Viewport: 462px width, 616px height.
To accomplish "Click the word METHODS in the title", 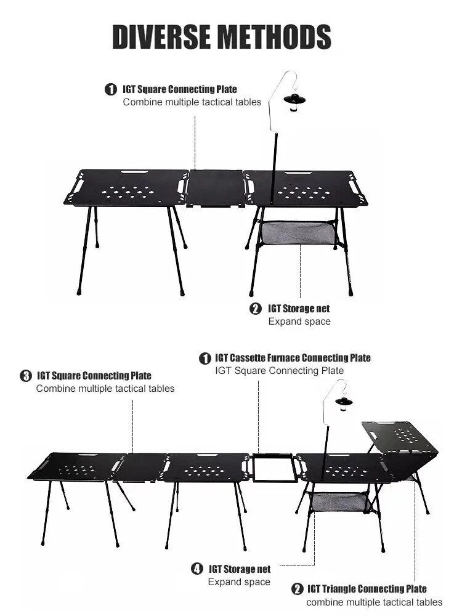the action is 275,36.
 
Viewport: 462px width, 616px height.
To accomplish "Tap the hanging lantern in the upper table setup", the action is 294,102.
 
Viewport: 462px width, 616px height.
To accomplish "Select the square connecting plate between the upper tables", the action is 215,188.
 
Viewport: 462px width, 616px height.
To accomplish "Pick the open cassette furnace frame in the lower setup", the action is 273,468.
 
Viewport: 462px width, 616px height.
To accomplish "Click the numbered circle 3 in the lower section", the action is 25,376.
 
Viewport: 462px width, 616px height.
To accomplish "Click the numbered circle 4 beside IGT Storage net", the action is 197,569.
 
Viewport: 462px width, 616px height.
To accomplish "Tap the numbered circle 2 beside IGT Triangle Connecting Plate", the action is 297,588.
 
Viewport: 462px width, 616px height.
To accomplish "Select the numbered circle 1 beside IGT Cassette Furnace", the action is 205,359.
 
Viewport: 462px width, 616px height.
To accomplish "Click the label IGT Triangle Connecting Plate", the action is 367,588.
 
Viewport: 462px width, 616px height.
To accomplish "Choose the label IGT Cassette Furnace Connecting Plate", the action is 293,358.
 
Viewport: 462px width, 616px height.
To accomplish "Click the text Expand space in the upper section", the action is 299,322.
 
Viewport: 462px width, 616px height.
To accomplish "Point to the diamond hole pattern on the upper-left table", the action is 128,192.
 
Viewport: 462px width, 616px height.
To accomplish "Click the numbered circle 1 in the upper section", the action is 111,89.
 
